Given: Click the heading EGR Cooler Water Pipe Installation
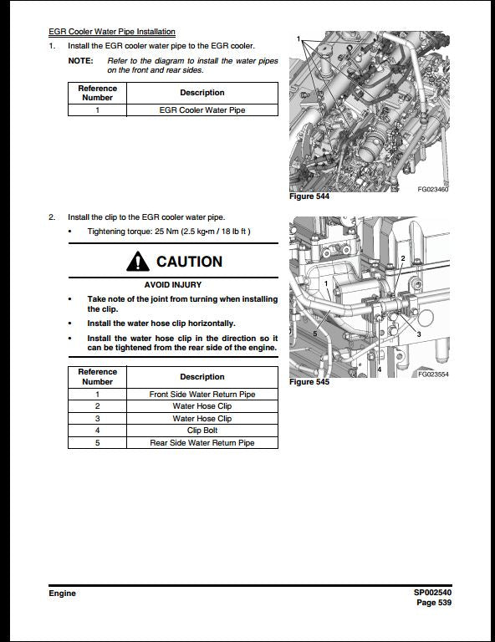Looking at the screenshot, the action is click(112, 32).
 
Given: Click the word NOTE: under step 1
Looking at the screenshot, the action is click(80, 61).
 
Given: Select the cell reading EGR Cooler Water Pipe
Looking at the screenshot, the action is click(202, 110).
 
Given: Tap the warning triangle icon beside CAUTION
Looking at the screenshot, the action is click(138, 262).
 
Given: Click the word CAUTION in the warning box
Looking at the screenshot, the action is click(189, 262).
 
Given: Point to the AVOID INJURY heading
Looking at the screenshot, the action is click(173, 284).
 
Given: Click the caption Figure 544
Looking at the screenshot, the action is click(309, 196).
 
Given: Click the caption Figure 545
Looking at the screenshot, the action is click(309, 382).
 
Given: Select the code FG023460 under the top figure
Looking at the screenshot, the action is click(433, 190).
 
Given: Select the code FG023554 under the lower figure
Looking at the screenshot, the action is click(433, 374).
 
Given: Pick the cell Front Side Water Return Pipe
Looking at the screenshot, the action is click(202, 394).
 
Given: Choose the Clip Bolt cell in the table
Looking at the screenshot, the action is click(202, 431).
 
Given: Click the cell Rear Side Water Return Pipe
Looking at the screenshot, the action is click(202, 443).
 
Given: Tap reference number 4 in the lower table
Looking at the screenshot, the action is click(97, 431).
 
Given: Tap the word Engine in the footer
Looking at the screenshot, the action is click(62, 594).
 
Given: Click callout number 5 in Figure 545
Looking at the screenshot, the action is click(314, 334).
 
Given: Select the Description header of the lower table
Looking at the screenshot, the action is click(202, 376).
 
